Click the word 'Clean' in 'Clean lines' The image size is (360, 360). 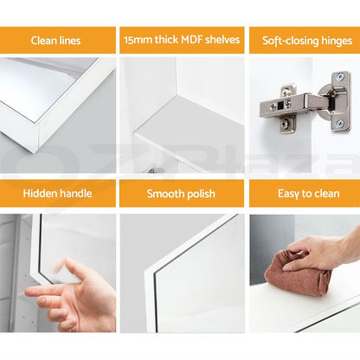(43, 41)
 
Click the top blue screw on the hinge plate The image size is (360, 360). (341, 76)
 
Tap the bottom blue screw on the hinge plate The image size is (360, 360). (340, 124)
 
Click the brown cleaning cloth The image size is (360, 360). (297, 273)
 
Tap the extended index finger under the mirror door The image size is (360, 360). (43, 293)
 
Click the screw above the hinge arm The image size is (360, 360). (285, 93)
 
